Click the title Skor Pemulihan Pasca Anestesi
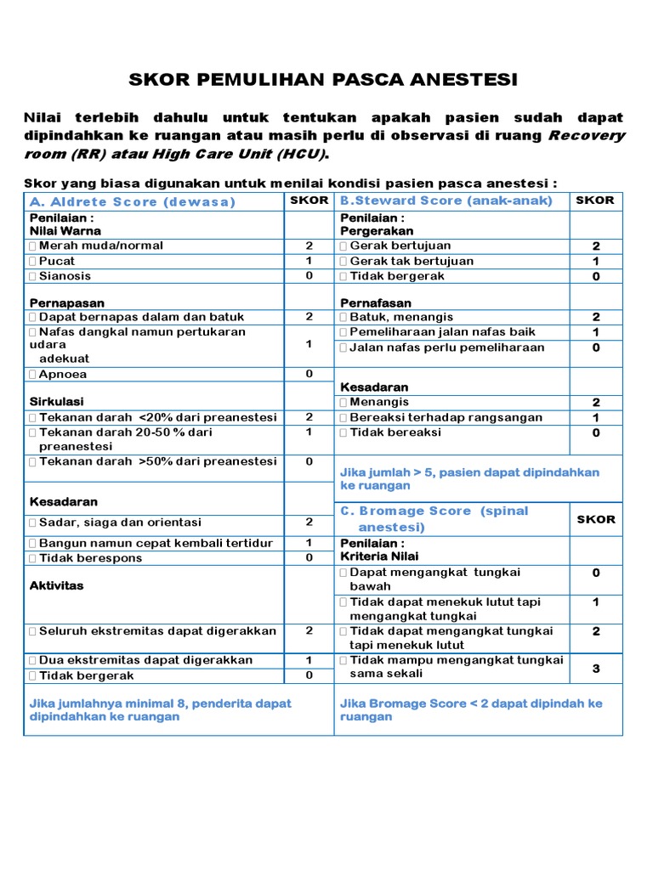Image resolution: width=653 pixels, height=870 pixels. click(322, 80)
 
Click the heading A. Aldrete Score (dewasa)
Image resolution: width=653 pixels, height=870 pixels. click(132, 202)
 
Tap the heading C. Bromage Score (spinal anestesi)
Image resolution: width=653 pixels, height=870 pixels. click(434, 519)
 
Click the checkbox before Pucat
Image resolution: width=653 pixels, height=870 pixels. click(32, 261)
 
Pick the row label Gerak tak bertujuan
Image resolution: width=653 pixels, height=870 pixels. click(412, 261)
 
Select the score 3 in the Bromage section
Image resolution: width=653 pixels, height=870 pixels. click(596, 669)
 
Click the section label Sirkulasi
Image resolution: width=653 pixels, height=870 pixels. click(57, 401)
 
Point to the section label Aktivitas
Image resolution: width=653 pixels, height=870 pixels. click(57, 586)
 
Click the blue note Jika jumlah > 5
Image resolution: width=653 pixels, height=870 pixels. click(469, 479)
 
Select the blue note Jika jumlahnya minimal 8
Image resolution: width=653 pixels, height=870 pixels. click(160, 710)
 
